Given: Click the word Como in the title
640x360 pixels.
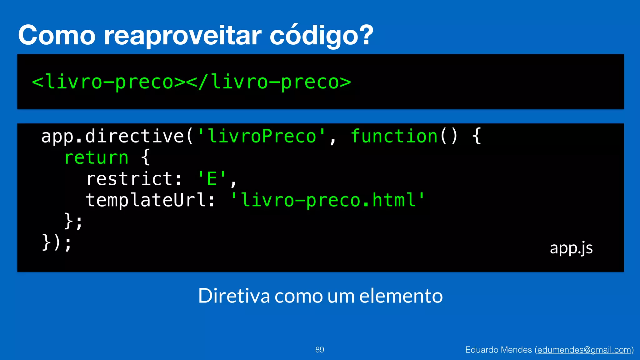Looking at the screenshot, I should (x=57, y=35).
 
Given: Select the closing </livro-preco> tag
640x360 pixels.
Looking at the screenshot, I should (x=269, y=82).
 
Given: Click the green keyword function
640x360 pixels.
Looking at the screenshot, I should (x=394, y=136).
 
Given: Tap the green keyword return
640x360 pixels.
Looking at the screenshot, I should (x=96, y=157).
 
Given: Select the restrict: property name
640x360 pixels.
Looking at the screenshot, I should (x=134, y=179).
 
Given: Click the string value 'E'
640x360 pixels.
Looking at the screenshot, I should (x=212, y=179).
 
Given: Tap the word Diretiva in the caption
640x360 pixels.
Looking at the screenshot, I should (x=234, y=296).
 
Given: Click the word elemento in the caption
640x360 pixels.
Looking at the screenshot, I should (x=401, y=296).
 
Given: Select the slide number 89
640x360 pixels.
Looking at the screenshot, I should (x=320, y=350).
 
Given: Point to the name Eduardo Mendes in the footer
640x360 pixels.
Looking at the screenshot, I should (x=498, y=350).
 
